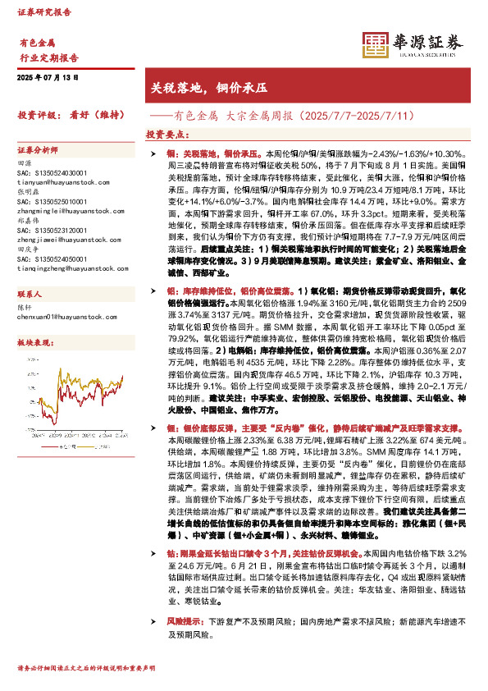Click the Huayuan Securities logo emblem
coord(375,44)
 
